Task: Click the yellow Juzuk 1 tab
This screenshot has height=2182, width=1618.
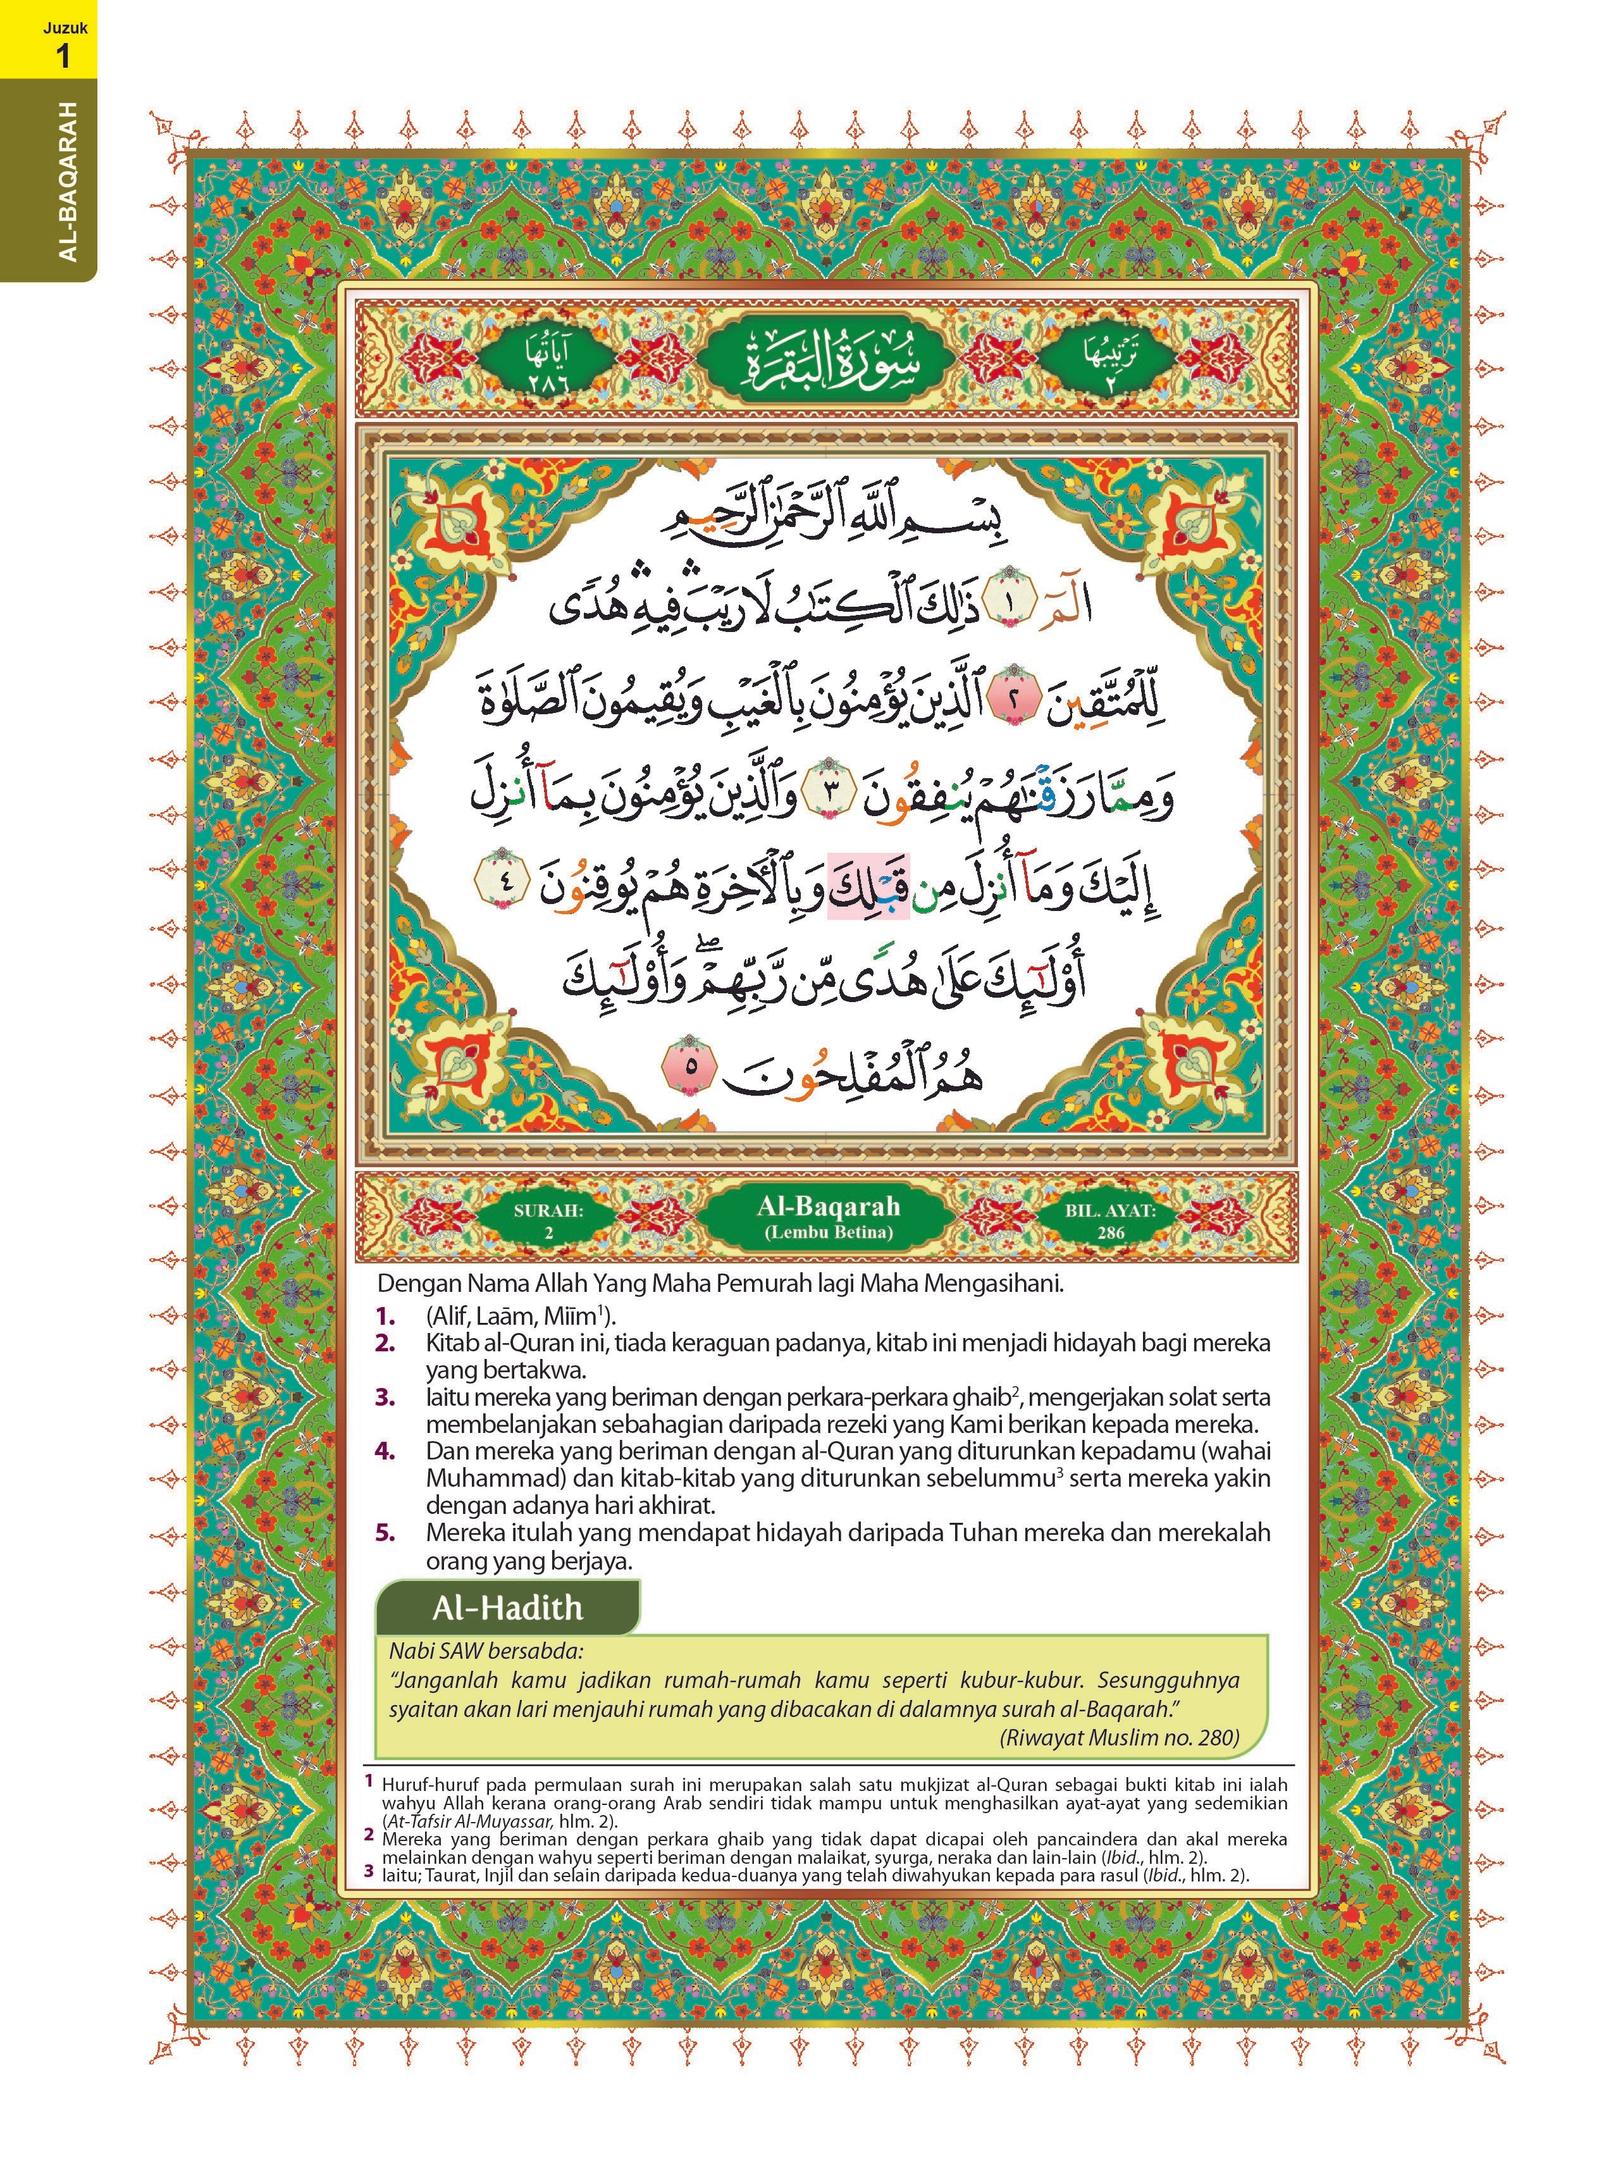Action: (x=49, y=39)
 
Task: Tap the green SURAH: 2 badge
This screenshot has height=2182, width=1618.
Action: (x=548, y=1220)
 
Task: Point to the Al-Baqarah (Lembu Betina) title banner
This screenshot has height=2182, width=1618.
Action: (x=827, y=1218)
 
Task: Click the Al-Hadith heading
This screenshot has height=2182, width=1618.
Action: (x=507, y=1608)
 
